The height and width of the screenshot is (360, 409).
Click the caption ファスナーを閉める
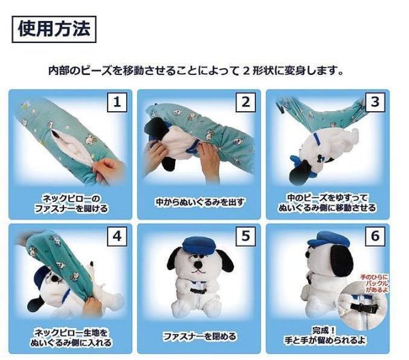tap(199, 337)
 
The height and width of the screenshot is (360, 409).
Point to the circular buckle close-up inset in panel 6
tap(369, 307)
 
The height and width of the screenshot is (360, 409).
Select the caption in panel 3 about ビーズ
tap(327, 202)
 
